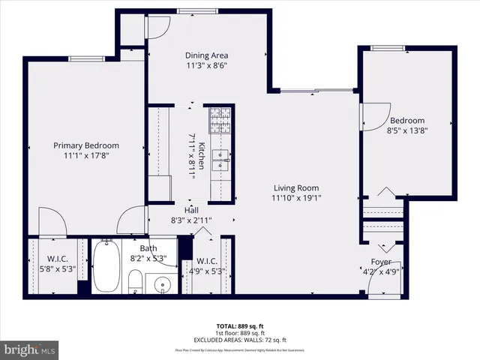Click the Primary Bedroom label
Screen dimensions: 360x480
pos(85,145)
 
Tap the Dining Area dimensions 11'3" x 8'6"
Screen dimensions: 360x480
pos(206,65)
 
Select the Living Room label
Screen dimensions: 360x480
pos(295,188)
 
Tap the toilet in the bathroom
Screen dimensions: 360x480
pos(135,283)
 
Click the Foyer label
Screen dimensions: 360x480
pos(381,262)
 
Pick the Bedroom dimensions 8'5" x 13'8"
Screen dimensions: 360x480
pos(408,131)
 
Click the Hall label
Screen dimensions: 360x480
pos(191,210)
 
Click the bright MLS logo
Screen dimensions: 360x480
pos(30,349)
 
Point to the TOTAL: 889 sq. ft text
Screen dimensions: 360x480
pos(240,326)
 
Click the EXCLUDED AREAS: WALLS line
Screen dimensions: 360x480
pos(240,340)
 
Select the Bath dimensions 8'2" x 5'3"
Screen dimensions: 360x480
pos(148,259)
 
